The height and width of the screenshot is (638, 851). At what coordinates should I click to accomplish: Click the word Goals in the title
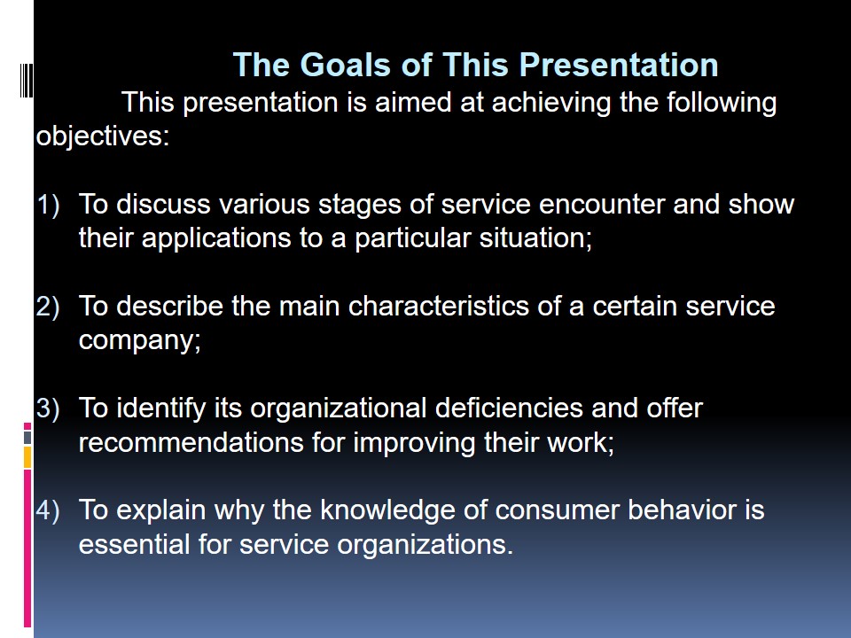click(x=345, y=65)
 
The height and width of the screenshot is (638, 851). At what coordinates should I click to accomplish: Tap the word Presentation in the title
click(x=619, y=65)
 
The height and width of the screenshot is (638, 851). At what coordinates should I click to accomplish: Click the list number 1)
click(x=48, y=205)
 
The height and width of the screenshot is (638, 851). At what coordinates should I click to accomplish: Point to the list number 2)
click(x=48, y=307)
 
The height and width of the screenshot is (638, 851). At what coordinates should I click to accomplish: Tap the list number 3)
click(x=48, y=408)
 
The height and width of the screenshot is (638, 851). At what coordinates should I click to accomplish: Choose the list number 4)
click(x=48, y=510)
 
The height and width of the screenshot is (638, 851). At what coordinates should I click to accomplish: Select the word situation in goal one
click(x=533, y=238)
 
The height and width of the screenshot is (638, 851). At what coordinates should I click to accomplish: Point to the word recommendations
click(x=191, y=443)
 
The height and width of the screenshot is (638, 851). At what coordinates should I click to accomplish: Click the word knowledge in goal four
click(x=404, y=510)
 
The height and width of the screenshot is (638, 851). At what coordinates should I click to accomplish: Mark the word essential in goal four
click(x=134, y=544)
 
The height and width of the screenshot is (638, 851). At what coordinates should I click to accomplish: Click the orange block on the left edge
click(x=27, y=457)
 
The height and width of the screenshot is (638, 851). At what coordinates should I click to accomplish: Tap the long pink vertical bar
click(x=27, y=548)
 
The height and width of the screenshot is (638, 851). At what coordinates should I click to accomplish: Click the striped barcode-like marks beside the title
click(x=27, y=81)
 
